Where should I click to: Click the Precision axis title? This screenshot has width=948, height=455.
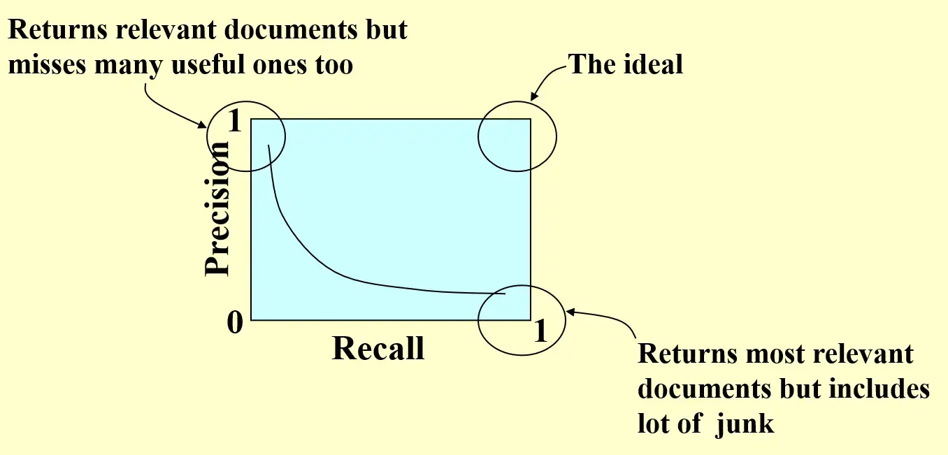[x=217, y=208]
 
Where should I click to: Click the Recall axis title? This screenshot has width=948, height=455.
[x=378, y=347]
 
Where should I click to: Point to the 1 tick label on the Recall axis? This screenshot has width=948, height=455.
[x=540, y=331]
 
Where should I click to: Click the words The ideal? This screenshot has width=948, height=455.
[x=625, y=64]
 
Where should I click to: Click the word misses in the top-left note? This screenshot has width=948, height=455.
[x=48, y=65]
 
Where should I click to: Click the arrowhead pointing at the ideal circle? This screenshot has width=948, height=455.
[x=533, y=99]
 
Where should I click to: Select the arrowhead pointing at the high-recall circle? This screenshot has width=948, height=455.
[x=570, y=312]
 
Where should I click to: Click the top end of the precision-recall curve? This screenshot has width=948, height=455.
[x=268, y=145]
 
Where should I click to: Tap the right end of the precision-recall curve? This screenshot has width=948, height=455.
[x=505, y=294]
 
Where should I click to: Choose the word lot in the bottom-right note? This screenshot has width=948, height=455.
[x=655, y=424]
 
